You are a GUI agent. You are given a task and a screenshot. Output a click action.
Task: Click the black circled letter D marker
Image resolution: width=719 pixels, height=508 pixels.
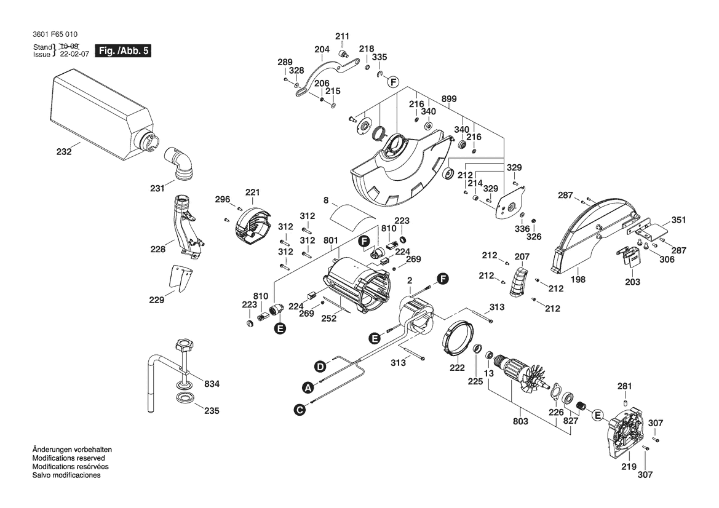coord(320,367)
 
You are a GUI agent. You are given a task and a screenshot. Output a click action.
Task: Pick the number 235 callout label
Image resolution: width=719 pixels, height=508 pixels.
coord(211,410)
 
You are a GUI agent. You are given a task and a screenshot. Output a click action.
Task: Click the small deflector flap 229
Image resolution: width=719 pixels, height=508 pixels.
coord(182,279)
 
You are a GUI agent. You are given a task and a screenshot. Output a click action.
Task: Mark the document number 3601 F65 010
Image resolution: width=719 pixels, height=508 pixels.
coord(55,34)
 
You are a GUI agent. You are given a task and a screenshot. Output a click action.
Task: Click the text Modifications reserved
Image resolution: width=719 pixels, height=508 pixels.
coord(68,458)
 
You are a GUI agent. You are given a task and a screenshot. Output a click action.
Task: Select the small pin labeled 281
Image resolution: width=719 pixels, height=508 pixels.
coord(624,403)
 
